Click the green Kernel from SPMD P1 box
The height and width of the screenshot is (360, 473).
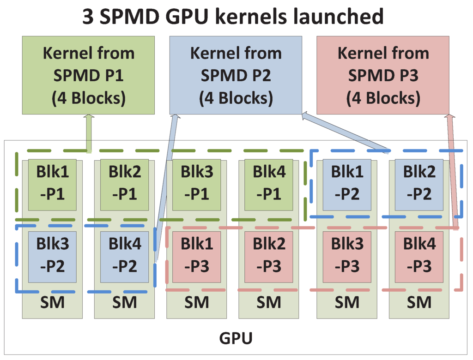[x=88, y=75]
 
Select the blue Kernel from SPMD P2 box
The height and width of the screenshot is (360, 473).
[x=236, y=75]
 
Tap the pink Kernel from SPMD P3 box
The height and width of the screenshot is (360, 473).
[x=383, y=75]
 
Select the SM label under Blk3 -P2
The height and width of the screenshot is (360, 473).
[x=52, y=302]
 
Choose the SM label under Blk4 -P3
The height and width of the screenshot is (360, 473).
[x=419, y=302]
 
